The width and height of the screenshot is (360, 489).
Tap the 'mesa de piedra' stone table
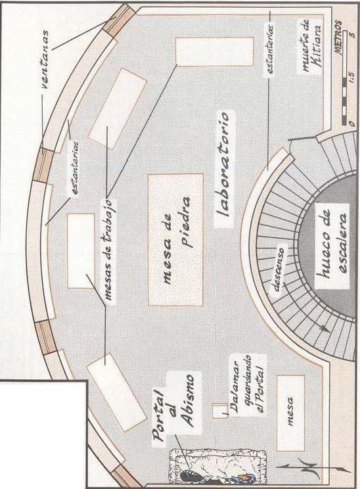(175, 239)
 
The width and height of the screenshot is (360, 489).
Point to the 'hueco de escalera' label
(332, 247)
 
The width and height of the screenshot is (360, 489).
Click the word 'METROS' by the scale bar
(338, 37)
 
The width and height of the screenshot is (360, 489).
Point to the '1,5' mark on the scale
(351, 77)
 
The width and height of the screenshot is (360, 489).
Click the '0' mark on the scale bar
(351, 122)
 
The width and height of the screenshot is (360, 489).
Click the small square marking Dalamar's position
(220, 411)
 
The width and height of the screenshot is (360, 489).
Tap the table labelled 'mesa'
(290, 413)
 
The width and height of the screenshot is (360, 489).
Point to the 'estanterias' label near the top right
(270, 49)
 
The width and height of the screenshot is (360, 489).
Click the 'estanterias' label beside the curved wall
(75, 168)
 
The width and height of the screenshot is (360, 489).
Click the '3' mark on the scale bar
(351, 34)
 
